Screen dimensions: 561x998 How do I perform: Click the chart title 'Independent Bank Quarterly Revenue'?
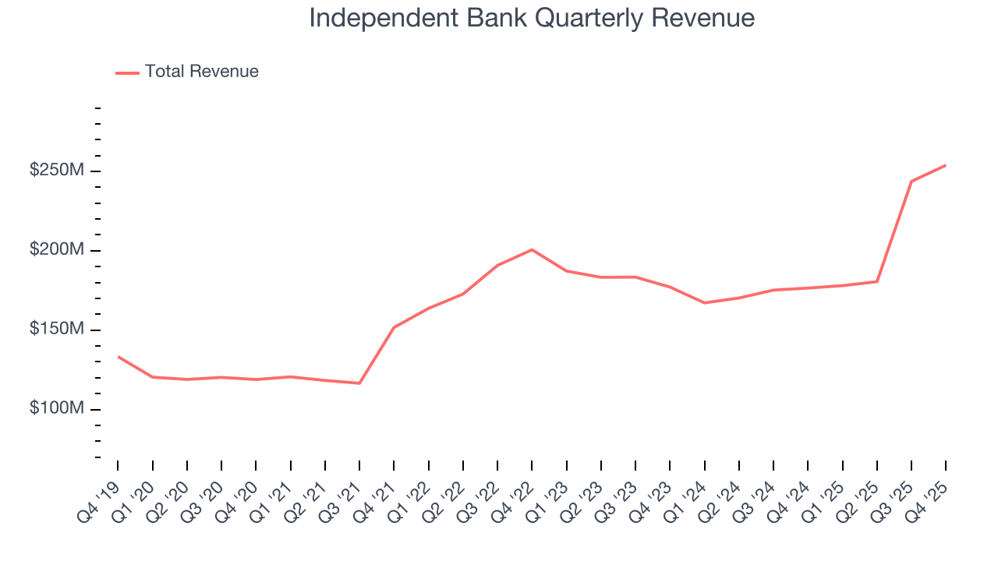(x=532, y=18)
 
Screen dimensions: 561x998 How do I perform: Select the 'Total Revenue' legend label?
(x=201, y=72)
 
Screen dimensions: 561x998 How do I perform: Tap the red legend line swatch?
(x=127, y=72)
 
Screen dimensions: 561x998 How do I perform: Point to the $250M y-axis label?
(x=56, y=171)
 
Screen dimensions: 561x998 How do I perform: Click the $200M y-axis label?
(x=56, y=250)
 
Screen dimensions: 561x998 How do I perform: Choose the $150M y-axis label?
(x=56, y=330)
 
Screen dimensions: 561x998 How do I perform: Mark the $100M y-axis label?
(x=56, y=409)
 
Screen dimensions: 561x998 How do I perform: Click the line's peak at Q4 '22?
(x=532, y=249)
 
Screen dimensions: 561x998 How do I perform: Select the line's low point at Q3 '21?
(x=359, y=383)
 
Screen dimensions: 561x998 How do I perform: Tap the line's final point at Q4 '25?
(x=946, y=165)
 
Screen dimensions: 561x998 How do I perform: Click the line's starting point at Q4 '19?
(x=119, y=357)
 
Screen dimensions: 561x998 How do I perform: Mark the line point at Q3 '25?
(x=911, y=182)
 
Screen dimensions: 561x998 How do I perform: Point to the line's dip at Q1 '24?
(x=704, y=302)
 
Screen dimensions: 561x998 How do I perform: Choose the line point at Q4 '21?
(x=394, y=327)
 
